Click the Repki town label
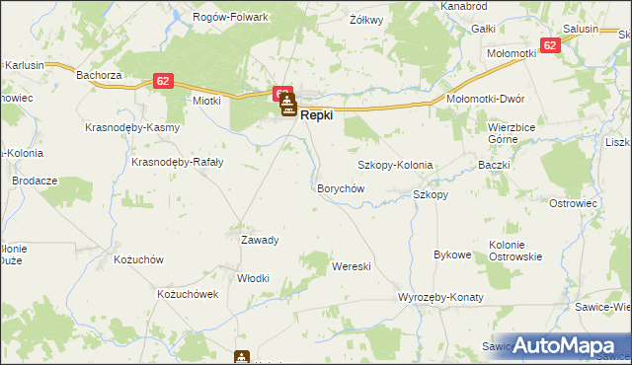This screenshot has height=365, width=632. (316, 115)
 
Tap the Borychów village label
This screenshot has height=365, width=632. (341, 187)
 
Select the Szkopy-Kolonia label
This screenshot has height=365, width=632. (395, 165)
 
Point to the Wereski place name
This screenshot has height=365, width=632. (351, 266)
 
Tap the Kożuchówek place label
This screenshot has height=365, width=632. (187, 294)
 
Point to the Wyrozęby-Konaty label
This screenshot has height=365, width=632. (439, 297)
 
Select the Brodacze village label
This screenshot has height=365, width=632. (35, 182)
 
